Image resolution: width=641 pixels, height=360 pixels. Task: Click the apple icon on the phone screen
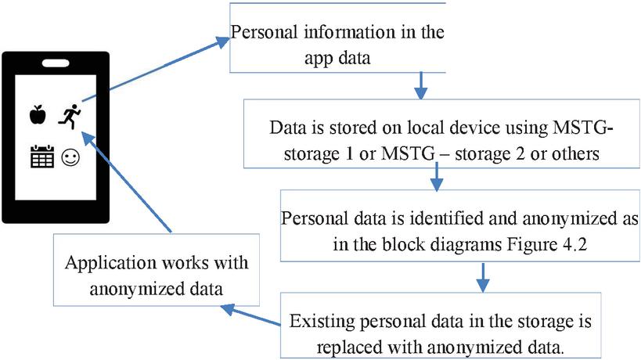click(x=36, y=116)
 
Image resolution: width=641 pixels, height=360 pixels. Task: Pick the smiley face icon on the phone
click(x=70, y=158)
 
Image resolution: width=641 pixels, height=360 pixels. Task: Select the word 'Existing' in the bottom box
click(x=318, y=322)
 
